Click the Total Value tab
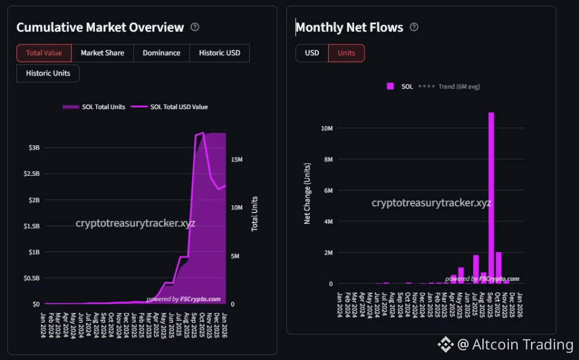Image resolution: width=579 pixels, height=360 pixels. [x=44, y=53]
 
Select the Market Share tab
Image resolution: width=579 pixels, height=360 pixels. [x=103, y=53]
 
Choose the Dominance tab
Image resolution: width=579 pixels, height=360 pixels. [x=161, y=53]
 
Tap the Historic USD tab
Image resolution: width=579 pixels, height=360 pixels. [x=220, y=53]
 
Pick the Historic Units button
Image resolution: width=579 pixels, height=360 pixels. [x=48, y=73]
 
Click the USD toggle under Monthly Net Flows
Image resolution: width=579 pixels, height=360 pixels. [x=312, y=53]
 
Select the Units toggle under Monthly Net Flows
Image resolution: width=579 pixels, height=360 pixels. [x=346, y=53]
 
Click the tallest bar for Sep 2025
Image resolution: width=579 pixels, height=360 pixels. [x=491, y=198]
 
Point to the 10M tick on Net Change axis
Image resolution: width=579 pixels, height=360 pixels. [x=328, y=128]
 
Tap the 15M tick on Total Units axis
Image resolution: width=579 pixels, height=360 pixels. [x=236, y=160]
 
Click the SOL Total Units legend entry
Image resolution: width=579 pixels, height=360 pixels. [x=94, y=107]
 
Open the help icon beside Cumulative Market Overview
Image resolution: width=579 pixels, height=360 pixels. [x=194, y=27]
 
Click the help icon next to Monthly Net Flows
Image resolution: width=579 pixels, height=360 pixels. [x=414, y=27]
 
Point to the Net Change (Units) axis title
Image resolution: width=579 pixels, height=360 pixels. [x=307, y=193]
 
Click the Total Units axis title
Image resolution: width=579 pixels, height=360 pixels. [x=254, y=214]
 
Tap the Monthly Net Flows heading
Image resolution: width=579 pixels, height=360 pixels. [x=349, y=27]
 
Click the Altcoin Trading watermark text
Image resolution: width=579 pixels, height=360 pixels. [x=522, y=344]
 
